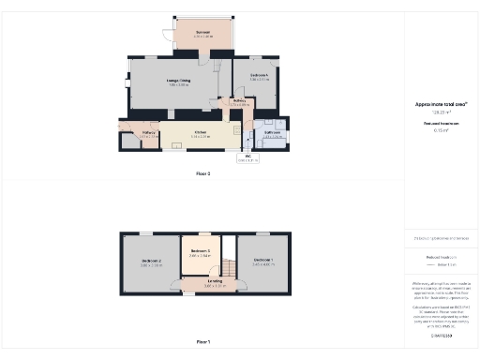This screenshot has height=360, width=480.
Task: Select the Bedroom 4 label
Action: pos(260,76)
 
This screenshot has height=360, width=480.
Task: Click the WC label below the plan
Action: pos(247,157)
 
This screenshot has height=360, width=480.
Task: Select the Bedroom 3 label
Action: pos(200,252)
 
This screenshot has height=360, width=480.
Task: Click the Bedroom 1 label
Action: pos(262,262)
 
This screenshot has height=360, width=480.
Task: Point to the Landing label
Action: pos(216,282)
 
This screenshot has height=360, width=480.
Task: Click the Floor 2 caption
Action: pos(203,174)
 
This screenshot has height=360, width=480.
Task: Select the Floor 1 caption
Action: pos(203,342)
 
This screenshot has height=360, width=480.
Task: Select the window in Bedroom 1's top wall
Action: pos(262,232)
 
